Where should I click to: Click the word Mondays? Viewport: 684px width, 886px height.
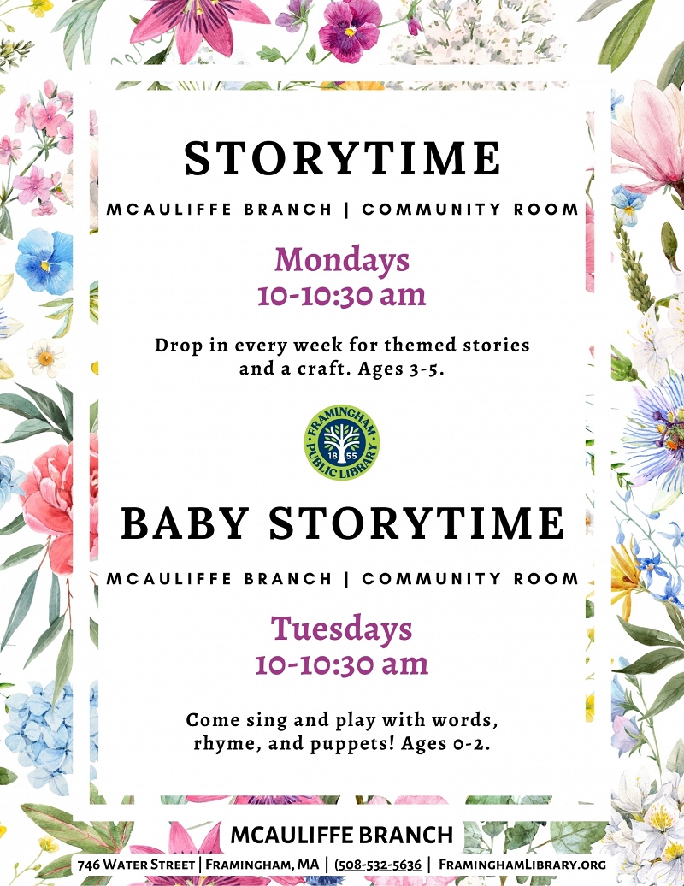pyautogui.click(x=341, y=259)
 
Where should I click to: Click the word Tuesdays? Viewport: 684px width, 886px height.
pyautogui.click(x=341, y=629)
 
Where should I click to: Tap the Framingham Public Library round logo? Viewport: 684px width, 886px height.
pyautogui.click(x=342, y=441)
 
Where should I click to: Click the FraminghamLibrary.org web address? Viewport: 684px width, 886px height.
pyautogui.click(x=522, y=865)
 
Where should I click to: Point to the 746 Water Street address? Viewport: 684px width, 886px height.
pyautogui.click(x=137, y=865)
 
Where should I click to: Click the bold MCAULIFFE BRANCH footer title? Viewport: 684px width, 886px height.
pyautogui.click(x=341, y=835)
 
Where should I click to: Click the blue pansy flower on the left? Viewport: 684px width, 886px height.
pyautogui.click(x=43, y=261)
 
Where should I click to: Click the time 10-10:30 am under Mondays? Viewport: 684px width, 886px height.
pyautogui.click(x=341, y=295)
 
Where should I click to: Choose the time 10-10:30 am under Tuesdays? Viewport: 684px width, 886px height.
pyautogui.click(x=341, y=664)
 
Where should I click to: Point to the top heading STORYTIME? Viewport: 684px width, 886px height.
pyautogui.click(x=342, y=158)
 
